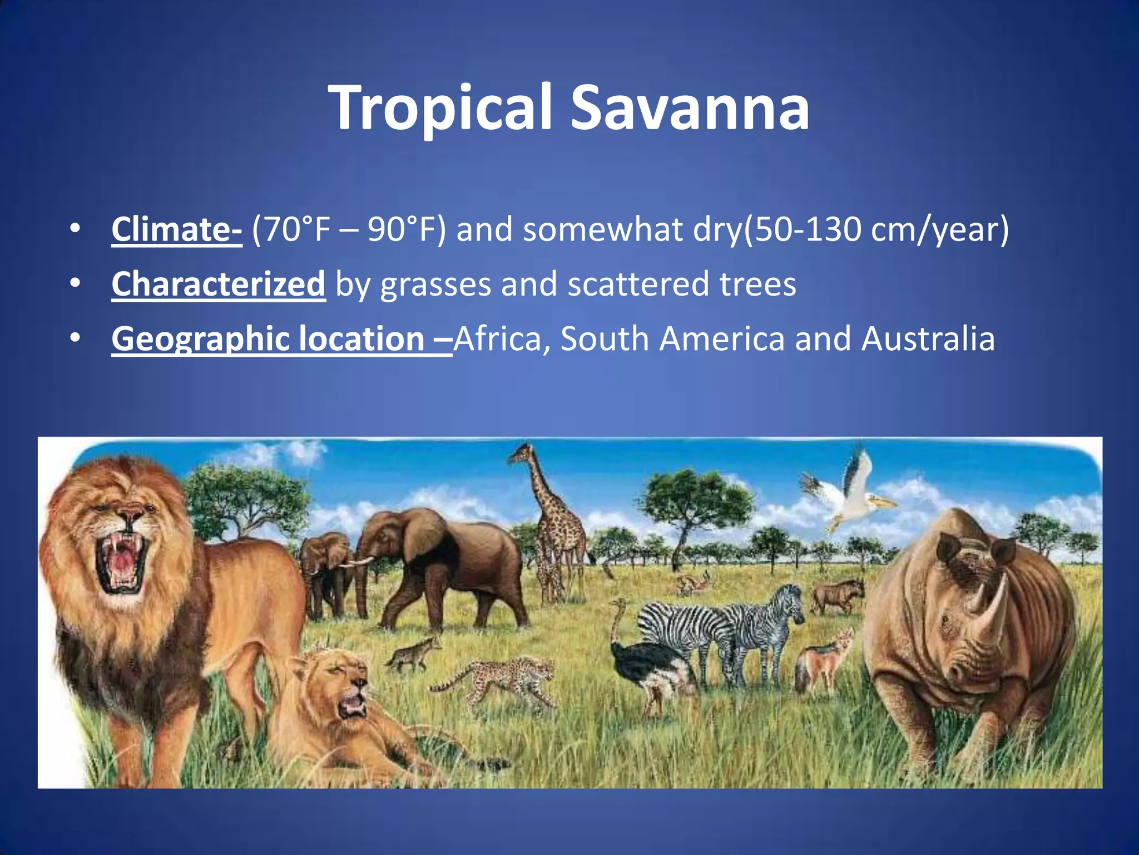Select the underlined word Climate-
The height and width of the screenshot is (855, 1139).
(x=176, y=229)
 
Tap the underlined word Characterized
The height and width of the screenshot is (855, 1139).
(x=218, y=284)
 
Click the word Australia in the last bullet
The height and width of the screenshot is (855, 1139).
(x=928, y=338)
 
